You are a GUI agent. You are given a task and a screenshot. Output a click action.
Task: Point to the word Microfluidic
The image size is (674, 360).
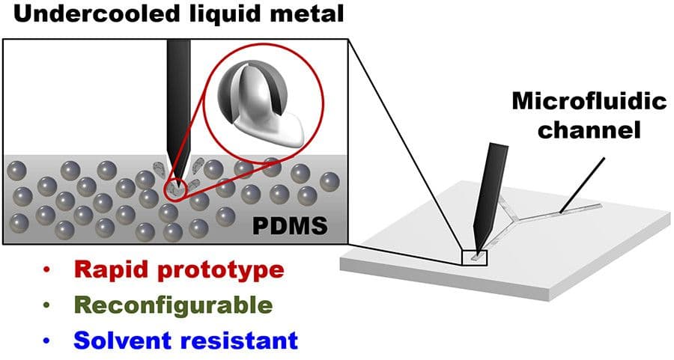click(x=589, y=103)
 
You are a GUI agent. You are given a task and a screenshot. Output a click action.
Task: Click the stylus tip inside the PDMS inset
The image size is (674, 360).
click(x=174, y=180)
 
